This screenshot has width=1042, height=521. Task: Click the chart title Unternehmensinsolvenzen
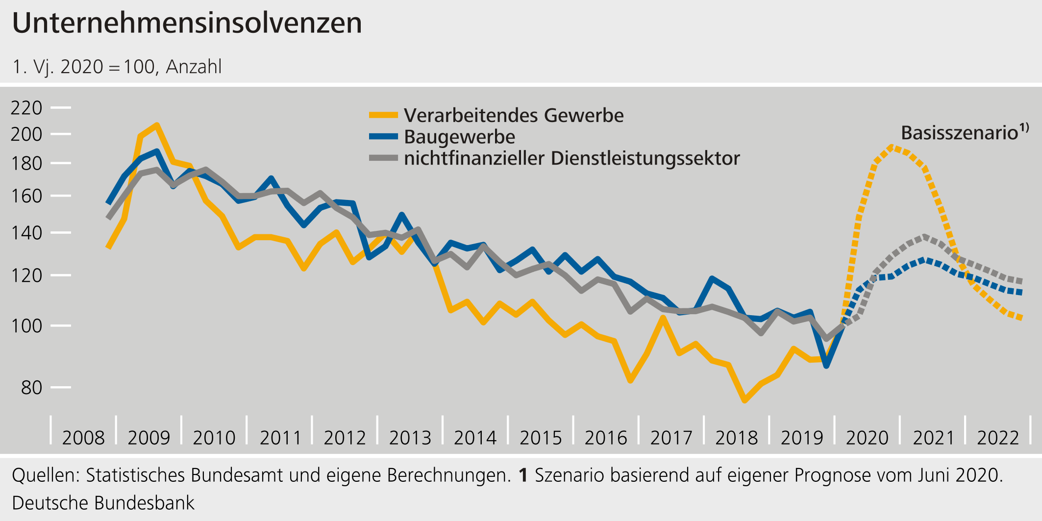(187, 23)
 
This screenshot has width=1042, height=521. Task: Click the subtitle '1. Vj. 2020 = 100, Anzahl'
(117, 67)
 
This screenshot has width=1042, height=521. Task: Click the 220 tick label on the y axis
(26, 107)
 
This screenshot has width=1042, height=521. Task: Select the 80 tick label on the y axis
(31, 387)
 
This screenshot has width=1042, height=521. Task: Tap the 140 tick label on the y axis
(26, 233)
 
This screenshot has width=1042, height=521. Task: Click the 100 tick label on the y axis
(26, 325)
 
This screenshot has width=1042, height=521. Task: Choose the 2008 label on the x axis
(83, 438)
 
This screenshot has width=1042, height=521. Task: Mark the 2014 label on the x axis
(475, 438)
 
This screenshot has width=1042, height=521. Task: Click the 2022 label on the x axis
(998, 438)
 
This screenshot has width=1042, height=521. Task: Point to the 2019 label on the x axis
(802, 438)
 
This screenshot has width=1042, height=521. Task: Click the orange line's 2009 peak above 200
(156, 125)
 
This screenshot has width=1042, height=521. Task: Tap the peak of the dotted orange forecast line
(892, 146)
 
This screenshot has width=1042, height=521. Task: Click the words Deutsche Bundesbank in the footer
(103, 503)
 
